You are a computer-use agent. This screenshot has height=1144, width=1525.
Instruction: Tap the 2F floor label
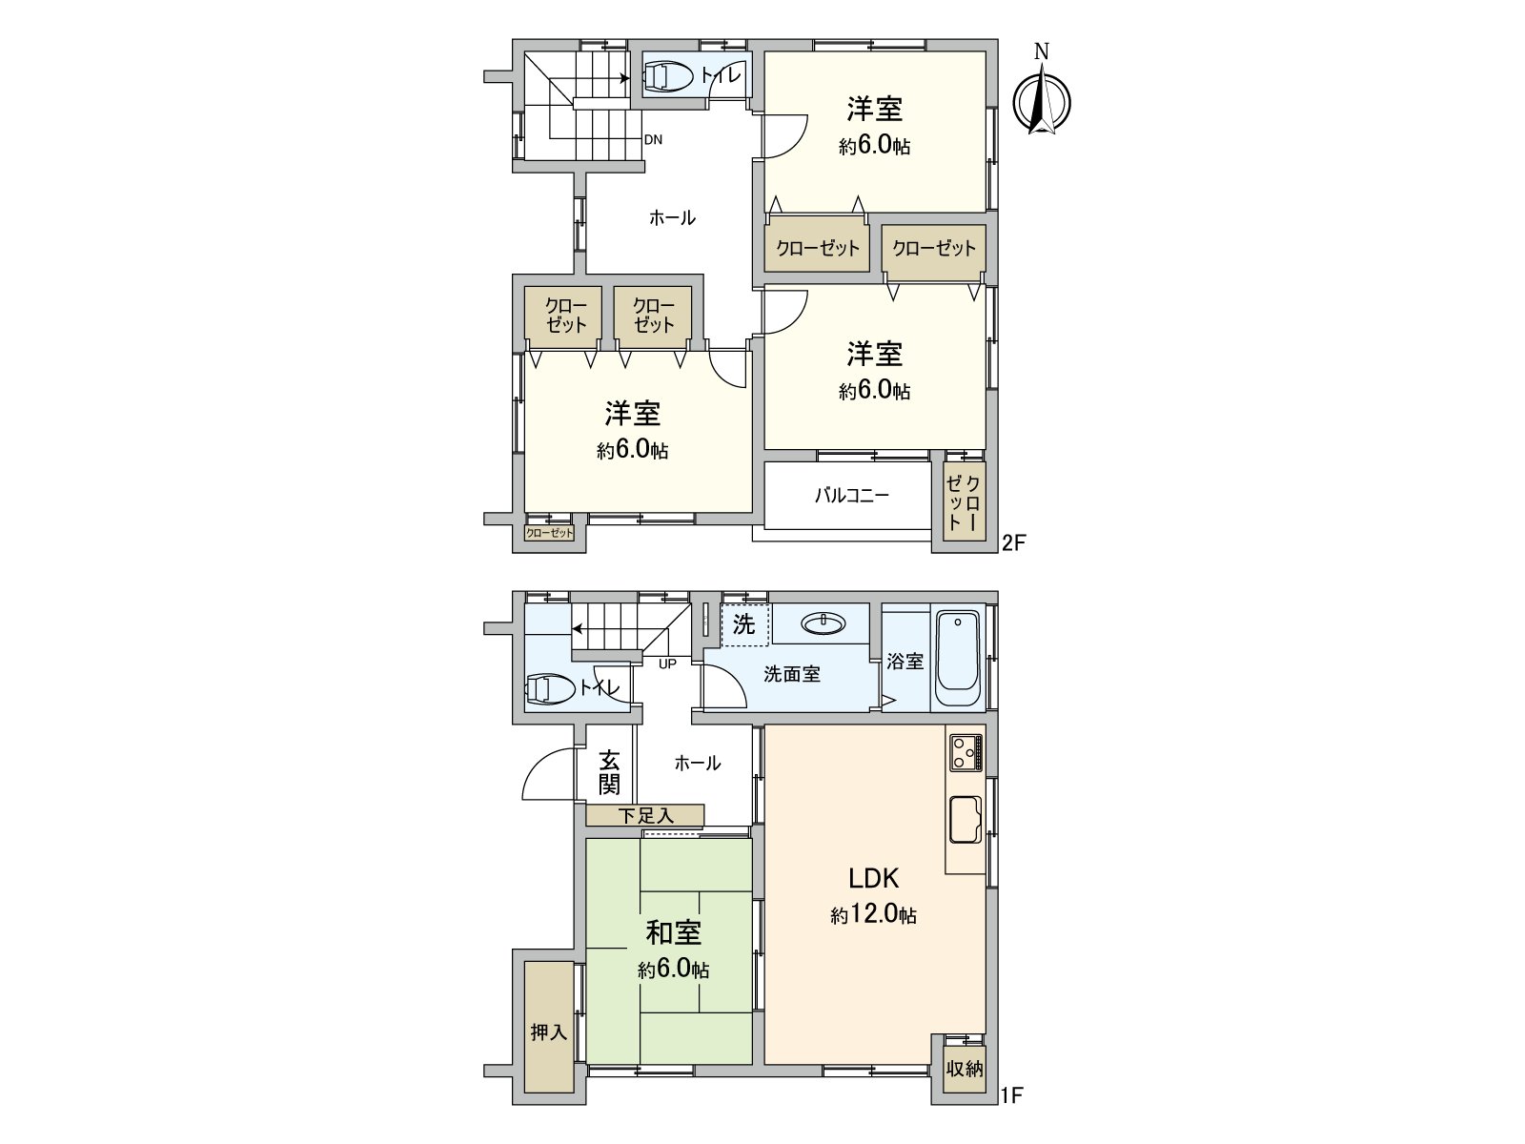coord(1012,543)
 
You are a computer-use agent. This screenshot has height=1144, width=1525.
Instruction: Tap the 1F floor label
coord(1011,1095)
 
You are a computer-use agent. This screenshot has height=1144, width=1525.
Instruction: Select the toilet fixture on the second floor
coord(669,76)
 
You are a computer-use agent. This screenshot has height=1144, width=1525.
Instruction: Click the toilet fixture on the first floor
coord(549,688)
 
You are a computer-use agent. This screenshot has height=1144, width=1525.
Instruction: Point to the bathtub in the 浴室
coord(958,659)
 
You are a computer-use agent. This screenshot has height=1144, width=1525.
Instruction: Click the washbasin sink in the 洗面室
coord(823,623)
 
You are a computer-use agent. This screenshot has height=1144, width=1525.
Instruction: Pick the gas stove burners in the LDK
coord(966,752)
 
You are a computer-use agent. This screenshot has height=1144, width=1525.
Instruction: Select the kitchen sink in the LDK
coord(965,819)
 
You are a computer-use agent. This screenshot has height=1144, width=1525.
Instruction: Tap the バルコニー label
coord(851,496)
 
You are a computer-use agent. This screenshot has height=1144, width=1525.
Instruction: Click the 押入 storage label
coord(548,1032)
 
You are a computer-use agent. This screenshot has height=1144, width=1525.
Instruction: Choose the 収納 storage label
coord(965,1069)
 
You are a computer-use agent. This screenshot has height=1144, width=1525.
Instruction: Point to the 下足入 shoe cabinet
coord(645,815)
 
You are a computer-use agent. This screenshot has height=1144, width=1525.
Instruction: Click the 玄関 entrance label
coord(609,772)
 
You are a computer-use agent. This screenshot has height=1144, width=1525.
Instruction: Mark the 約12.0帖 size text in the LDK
coord(873,914)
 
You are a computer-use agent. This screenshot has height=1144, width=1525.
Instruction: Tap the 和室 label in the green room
coord(673,932)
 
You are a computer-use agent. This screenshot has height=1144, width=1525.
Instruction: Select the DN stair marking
coord(653,139)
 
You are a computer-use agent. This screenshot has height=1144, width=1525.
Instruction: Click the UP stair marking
coord(667,663)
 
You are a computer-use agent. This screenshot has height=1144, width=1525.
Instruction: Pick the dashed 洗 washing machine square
coord(744,624)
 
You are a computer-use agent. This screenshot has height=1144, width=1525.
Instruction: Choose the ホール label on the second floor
coord(672,218)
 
